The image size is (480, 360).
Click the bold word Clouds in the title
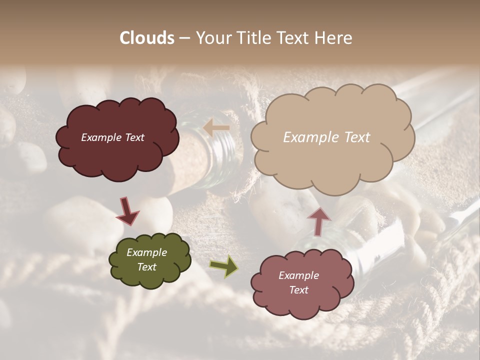[x=147, y=38]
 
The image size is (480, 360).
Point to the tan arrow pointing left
[x=216, y=128]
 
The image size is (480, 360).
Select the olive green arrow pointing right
[x=224, y=266]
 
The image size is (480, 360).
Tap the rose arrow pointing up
[x=319, y=220]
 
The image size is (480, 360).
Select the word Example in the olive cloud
[x=146, y=253]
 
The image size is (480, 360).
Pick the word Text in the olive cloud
[x=146, y=267]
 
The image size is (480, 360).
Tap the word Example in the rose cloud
[x=298, y=275]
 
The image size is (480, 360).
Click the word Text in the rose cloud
[x=298, y=290]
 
